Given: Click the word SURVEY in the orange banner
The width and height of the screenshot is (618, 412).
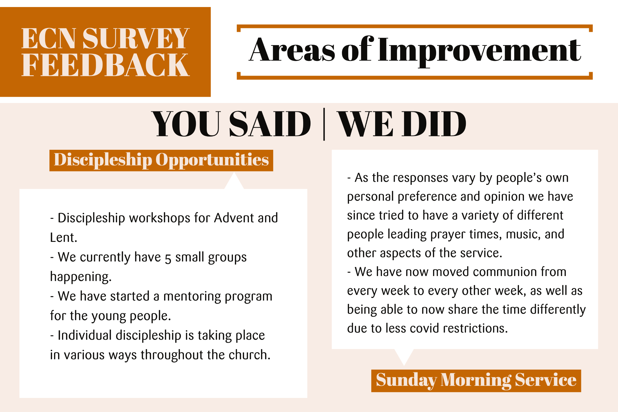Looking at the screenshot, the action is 136,38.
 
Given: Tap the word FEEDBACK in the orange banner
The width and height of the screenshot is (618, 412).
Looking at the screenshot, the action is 105,65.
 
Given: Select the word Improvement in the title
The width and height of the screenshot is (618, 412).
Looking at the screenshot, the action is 479,51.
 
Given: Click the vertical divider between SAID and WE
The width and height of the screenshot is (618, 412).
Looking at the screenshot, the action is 324,124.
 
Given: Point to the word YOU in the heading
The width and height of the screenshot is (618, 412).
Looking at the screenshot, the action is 186,124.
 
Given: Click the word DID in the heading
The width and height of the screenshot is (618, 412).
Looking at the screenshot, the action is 434,124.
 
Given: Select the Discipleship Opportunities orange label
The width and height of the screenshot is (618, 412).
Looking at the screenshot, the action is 161,160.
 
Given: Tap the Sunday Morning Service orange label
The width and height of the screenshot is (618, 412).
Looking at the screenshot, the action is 476,381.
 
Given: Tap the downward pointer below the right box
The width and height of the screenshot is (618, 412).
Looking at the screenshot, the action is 404,356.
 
